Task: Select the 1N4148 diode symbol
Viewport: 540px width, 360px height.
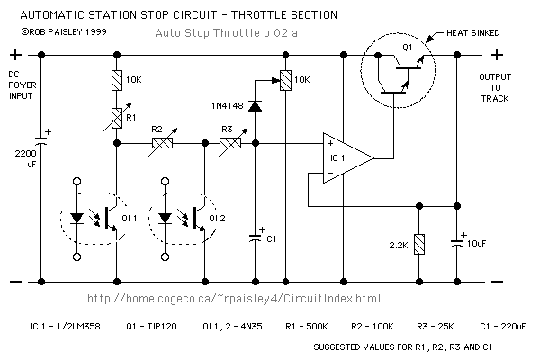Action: coord(256,106)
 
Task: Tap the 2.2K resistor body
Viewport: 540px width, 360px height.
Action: coord(419,244)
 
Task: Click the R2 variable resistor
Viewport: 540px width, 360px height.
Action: coord(163,143)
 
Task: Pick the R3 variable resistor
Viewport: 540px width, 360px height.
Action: coord(230,143)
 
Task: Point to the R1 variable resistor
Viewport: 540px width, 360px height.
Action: coord(117,118)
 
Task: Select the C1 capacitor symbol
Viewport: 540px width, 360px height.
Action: coord(256,238)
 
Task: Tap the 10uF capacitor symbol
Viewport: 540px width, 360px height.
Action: coord(457,243)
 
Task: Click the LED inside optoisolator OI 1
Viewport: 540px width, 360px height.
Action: coord(76,219)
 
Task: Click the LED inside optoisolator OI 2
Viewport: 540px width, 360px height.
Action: coord(166,219)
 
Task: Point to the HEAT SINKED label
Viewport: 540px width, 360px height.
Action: coord(472,33)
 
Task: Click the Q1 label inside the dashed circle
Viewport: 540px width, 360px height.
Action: coord(408,48)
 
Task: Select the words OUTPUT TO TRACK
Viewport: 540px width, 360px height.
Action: coord(495,88)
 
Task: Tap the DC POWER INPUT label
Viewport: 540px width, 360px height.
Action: coord(22,85)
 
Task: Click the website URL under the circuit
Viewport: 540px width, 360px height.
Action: coord(234,298)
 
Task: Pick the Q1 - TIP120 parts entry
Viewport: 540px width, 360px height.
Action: coord(151,326)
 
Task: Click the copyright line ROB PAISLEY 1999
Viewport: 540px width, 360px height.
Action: coord(64,32)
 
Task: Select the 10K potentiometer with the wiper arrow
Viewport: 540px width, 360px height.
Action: coord(285,80)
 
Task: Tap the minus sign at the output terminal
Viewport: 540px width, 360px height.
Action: coord(497,282)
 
